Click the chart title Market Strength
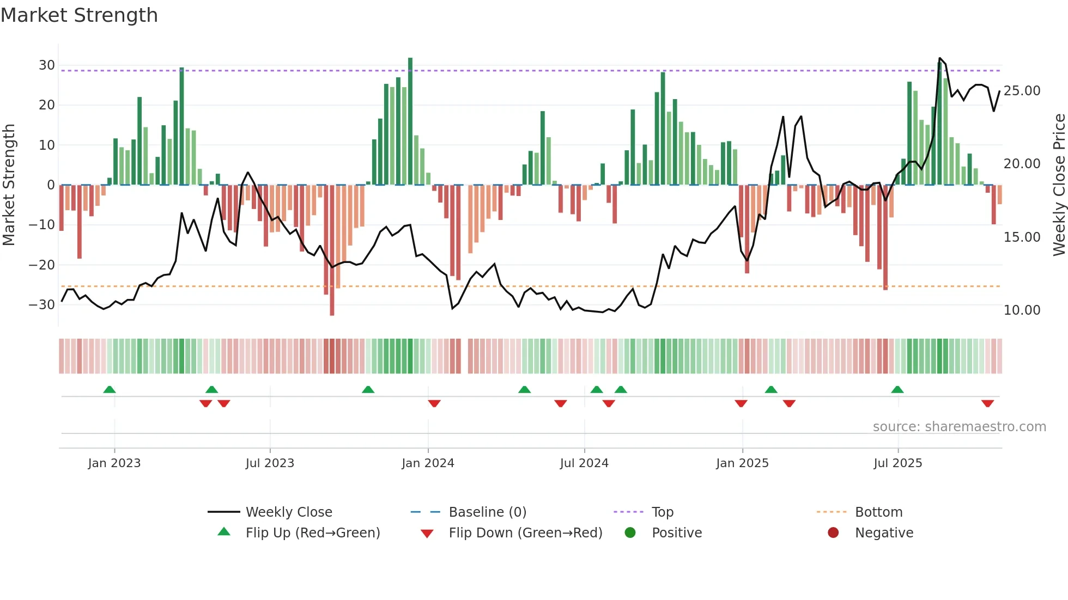point(79,15)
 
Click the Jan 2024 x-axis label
point(428,463)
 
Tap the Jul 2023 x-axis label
point(270,463)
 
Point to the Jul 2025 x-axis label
point(897,463)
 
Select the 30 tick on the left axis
point(47,65)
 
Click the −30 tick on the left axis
point(43,305)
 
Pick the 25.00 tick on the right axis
point(1022,91)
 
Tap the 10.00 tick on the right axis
point(1022,310)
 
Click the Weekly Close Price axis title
point(1059,185)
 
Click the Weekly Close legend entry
point(288,512)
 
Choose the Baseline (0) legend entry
point(487,512)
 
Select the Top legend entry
point(662,512)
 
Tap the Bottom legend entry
point(878,512)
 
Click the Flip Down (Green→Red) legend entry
point(525,533)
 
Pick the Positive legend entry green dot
point(630,533)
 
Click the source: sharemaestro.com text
point(959,427)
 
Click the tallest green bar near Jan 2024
point(410,120)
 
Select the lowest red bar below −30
point(332,250)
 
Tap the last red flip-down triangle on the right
point(987,403)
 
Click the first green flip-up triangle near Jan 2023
point(110,389)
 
